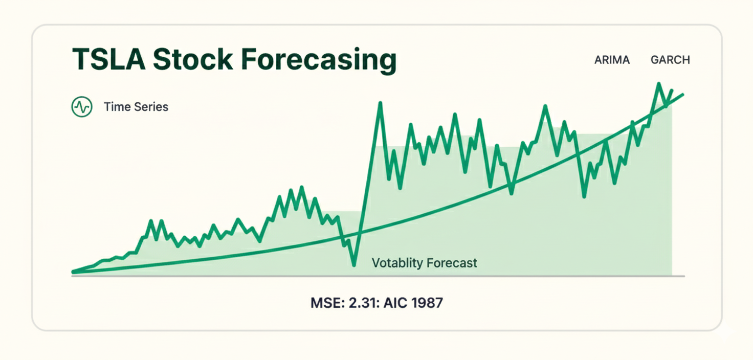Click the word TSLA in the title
[x=107, y=60]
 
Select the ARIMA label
[x=612, y=60]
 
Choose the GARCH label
[x=670, y=60]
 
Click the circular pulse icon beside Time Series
[x=82, y=107]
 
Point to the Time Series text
[x=136, y=107]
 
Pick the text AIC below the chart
[x=396, y=303]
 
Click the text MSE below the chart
[x=324, y=303]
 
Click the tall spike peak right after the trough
[x=381, y=104]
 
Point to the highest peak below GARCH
[x=658, y=84]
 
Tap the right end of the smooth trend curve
[x=682, y=95]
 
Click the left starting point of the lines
[x=73, y=272]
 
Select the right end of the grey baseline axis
[x=683, y=276]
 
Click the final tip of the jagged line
[x=672, y=91]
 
